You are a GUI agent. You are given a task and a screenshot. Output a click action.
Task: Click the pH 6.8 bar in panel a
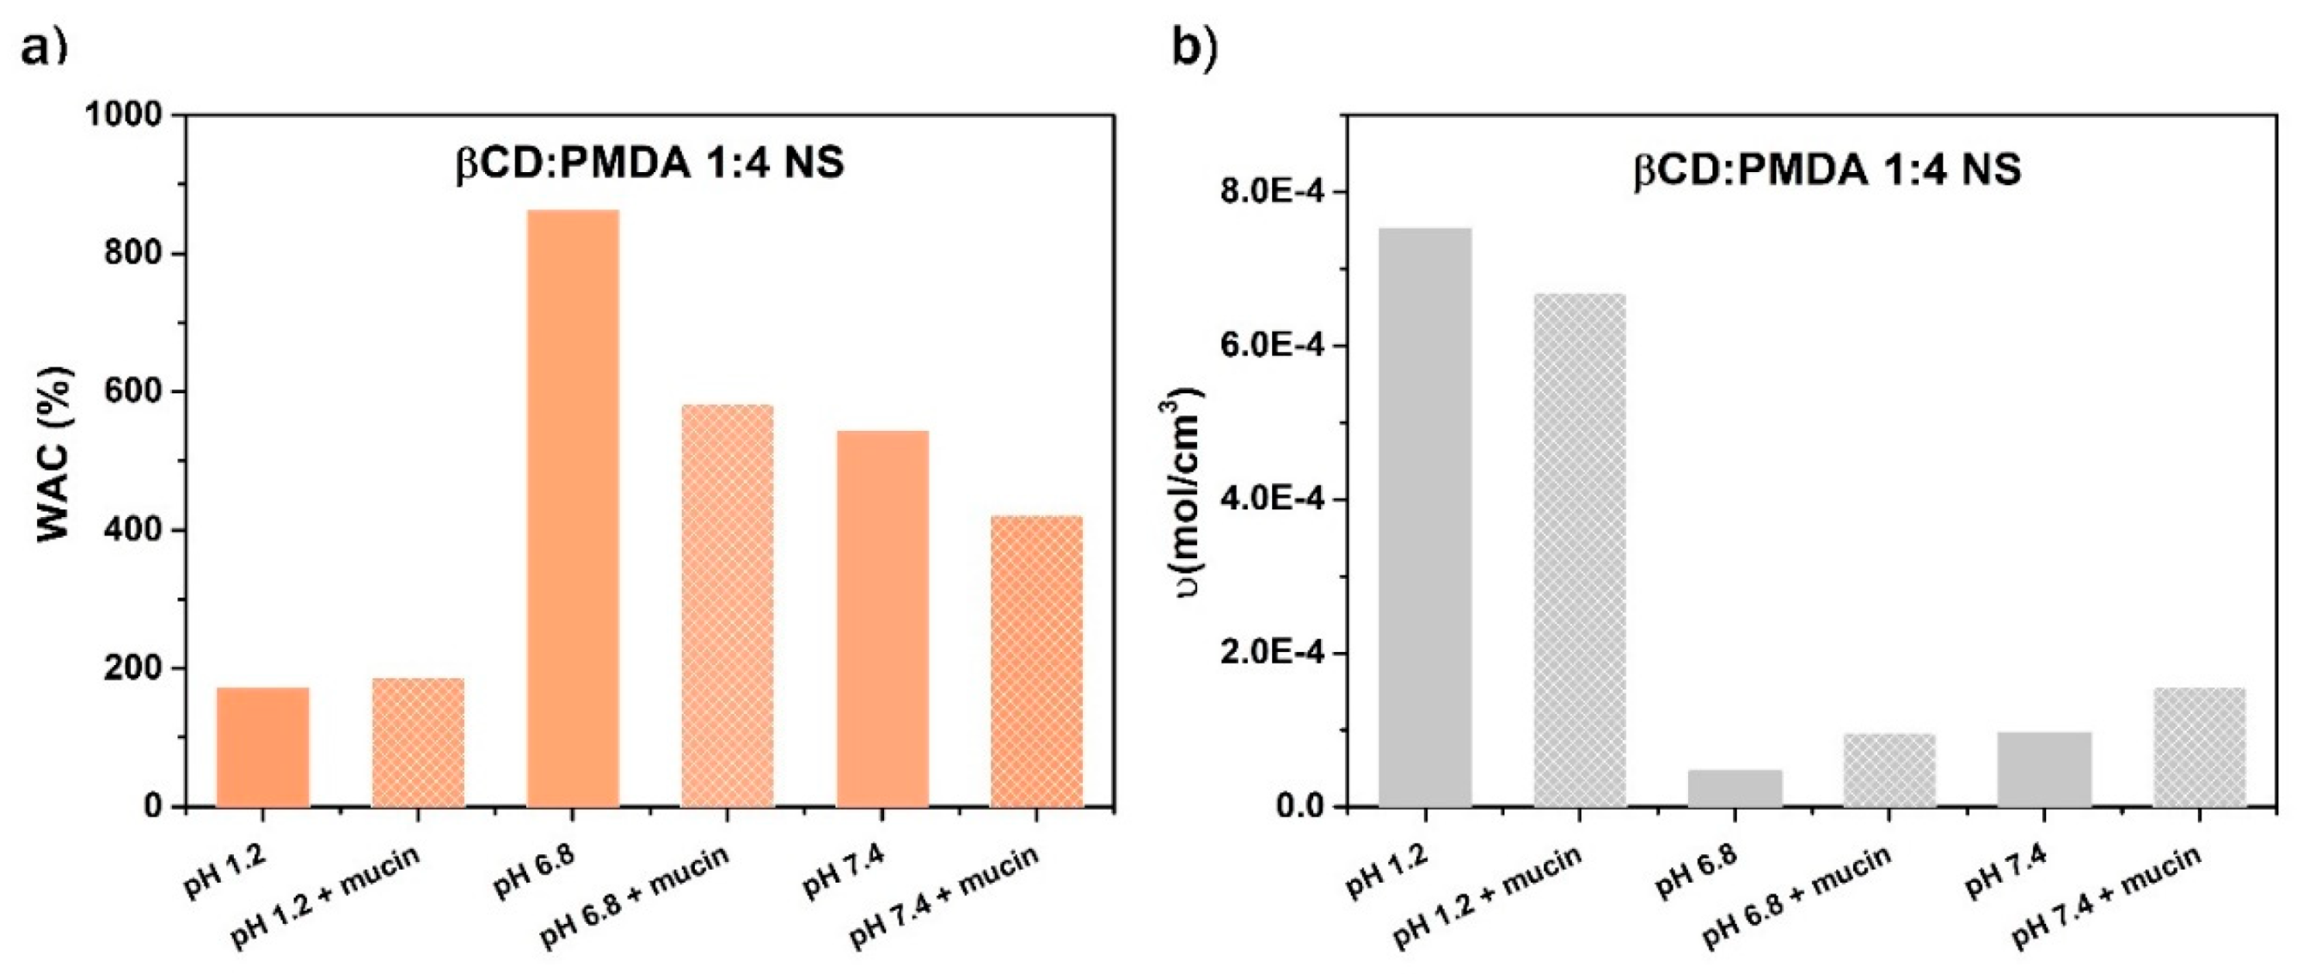(x=573, y=508)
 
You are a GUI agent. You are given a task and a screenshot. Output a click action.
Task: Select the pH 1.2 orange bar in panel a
(x=262, y=748)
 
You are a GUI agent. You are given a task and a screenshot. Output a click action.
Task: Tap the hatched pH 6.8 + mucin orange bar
(x=727, y=606)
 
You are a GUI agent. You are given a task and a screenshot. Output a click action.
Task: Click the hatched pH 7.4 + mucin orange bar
(x=1036, y=662)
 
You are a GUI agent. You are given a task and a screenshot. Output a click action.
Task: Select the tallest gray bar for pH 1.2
(x=1425, y=517)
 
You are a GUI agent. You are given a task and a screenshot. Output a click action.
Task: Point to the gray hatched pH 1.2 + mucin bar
(x=1579, y=550)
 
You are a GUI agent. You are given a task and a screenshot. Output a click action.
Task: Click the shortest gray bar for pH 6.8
(x=1735, y=788)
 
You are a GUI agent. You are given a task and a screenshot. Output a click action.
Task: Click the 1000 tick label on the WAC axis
(x=124, y=116)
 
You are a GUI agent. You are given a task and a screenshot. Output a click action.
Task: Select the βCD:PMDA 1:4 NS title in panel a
(x=649, y=164)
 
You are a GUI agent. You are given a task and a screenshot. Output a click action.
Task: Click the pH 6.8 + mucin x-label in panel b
(x=1796, y=896)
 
